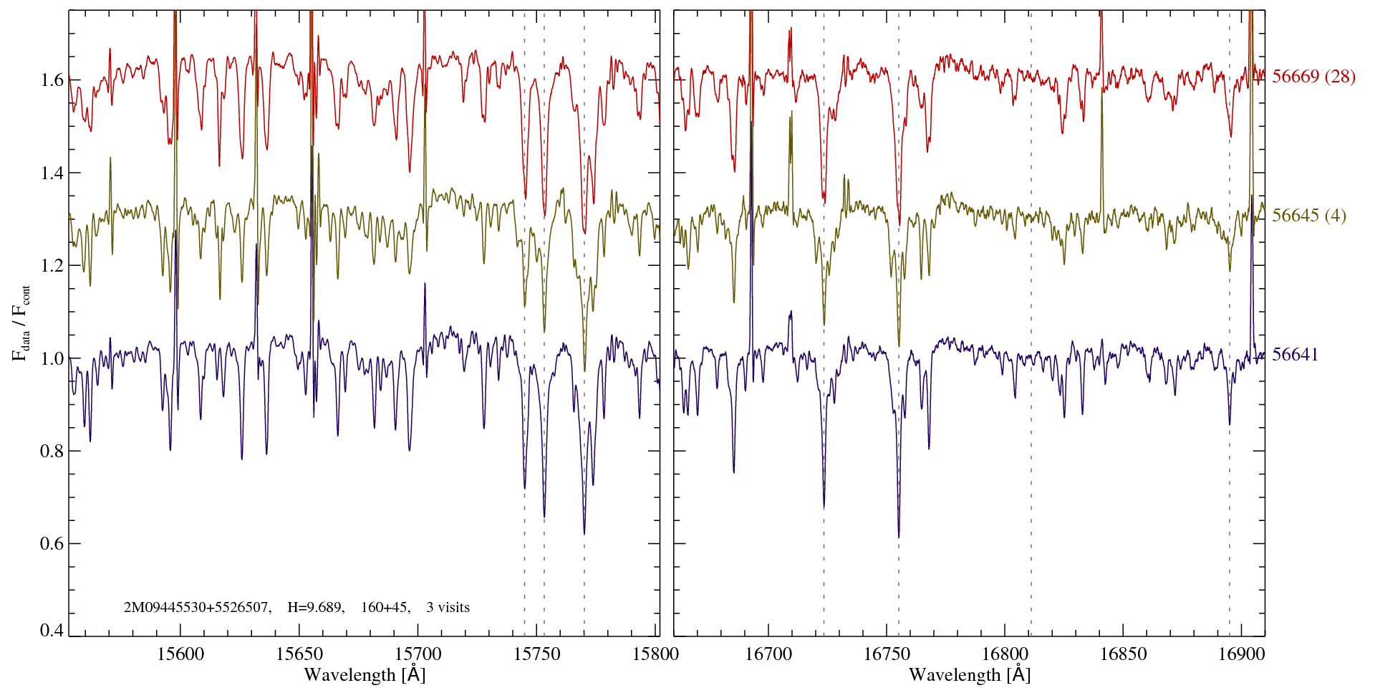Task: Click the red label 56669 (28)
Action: (x=1313, y=77)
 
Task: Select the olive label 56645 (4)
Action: (x=1308, y=216)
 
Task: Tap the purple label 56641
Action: (x=1295, y=355)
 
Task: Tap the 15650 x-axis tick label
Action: (x=299, y=654)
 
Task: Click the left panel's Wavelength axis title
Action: (x=365, y=674)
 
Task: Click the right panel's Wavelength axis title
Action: (x=970, y=674)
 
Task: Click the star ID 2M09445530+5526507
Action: (x=197, y=608)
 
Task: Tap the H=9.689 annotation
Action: (x=316, y=608)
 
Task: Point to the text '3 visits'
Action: (x=448, y=608)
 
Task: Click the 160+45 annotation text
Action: (x=385, y=608)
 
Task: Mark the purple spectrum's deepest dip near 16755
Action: (x=899, y=535)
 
